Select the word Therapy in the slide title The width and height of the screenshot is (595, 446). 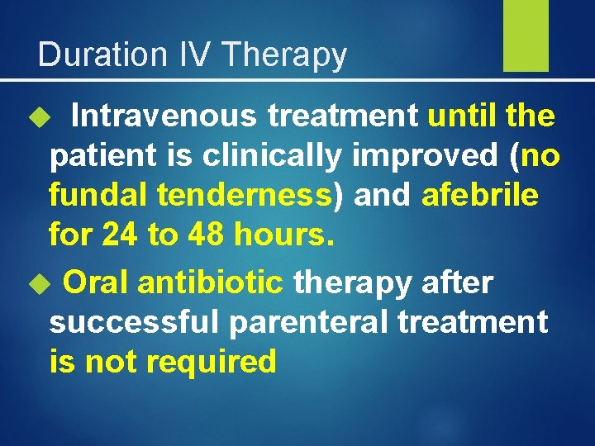coord(285,55)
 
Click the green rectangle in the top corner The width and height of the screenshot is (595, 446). coord(526,36)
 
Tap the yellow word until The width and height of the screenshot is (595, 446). coord(463,116)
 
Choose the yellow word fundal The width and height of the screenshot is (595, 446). coord(98,196)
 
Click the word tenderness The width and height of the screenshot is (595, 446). coord(244,196)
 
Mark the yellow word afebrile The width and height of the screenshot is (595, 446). coord(480,196)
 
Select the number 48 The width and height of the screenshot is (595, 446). coord(199,235)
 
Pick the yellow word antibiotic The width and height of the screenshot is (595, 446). coord(211,282)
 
